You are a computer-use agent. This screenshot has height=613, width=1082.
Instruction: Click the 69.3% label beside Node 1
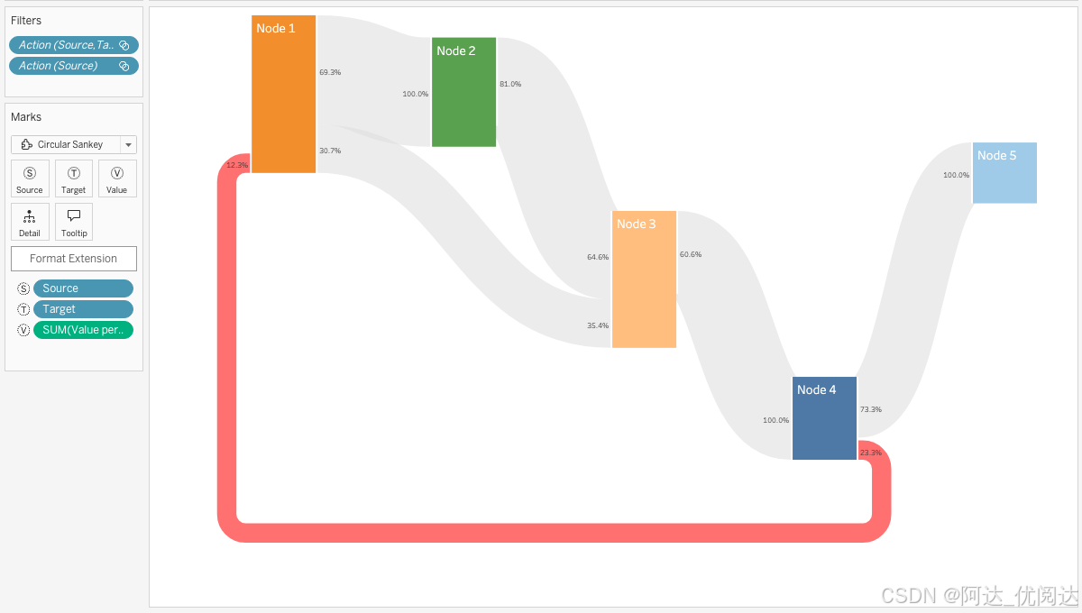pos(330,72)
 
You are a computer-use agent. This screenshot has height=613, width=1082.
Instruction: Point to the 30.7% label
pos(330,151)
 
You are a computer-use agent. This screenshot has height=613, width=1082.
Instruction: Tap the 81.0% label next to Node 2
pos(510,84)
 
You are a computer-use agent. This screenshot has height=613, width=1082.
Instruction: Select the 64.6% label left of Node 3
pos(598,257)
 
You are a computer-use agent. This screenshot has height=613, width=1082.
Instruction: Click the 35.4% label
pos(598,325)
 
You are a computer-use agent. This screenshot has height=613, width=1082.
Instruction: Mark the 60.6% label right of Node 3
pos(691,254)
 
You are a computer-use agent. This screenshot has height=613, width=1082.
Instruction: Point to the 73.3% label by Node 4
pos(871,409)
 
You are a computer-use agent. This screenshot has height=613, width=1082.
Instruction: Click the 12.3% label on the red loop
pos(237,165)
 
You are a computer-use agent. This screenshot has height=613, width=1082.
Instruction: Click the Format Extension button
pos(74,259)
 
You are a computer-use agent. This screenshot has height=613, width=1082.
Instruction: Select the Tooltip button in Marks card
pos(74,221)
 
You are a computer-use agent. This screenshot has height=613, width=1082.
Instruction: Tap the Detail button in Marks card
pos(30,221)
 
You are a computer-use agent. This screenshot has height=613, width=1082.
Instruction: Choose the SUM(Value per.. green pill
pos(83,330)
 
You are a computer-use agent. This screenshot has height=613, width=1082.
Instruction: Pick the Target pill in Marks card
pos(83,309)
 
